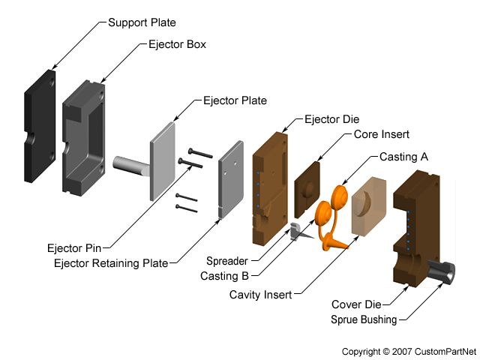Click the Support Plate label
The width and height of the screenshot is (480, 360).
142,22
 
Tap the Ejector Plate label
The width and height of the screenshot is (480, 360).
235,100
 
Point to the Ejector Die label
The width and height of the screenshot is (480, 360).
331,119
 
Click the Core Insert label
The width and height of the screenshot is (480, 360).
381,135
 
